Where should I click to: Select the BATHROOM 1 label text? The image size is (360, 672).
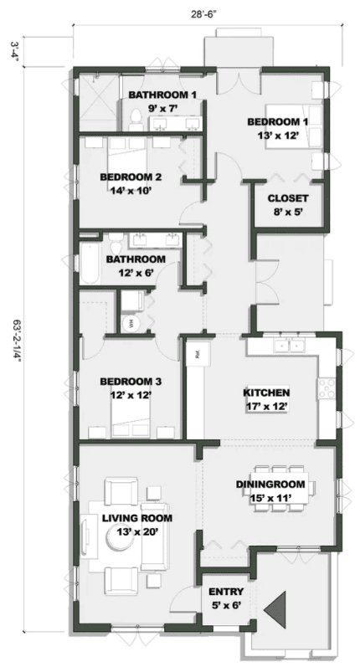coord(162,95)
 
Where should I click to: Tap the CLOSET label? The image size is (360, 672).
coord(287,198)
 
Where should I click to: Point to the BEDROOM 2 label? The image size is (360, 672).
coord(130,177)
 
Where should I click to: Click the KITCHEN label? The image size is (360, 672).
coord(265,392)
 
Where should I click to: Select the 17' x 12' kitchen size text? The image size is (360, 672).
coord(265,407)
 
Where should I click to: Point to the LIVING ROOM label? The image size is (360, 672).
coord(131,518)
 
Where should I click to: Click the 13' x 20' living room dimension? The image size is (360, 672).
coord(131,531)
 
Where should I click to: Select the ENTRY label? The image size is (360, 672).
coord(225,592)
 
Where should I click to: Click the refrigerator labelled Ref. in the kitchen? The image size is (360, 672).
coord(196,353)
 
